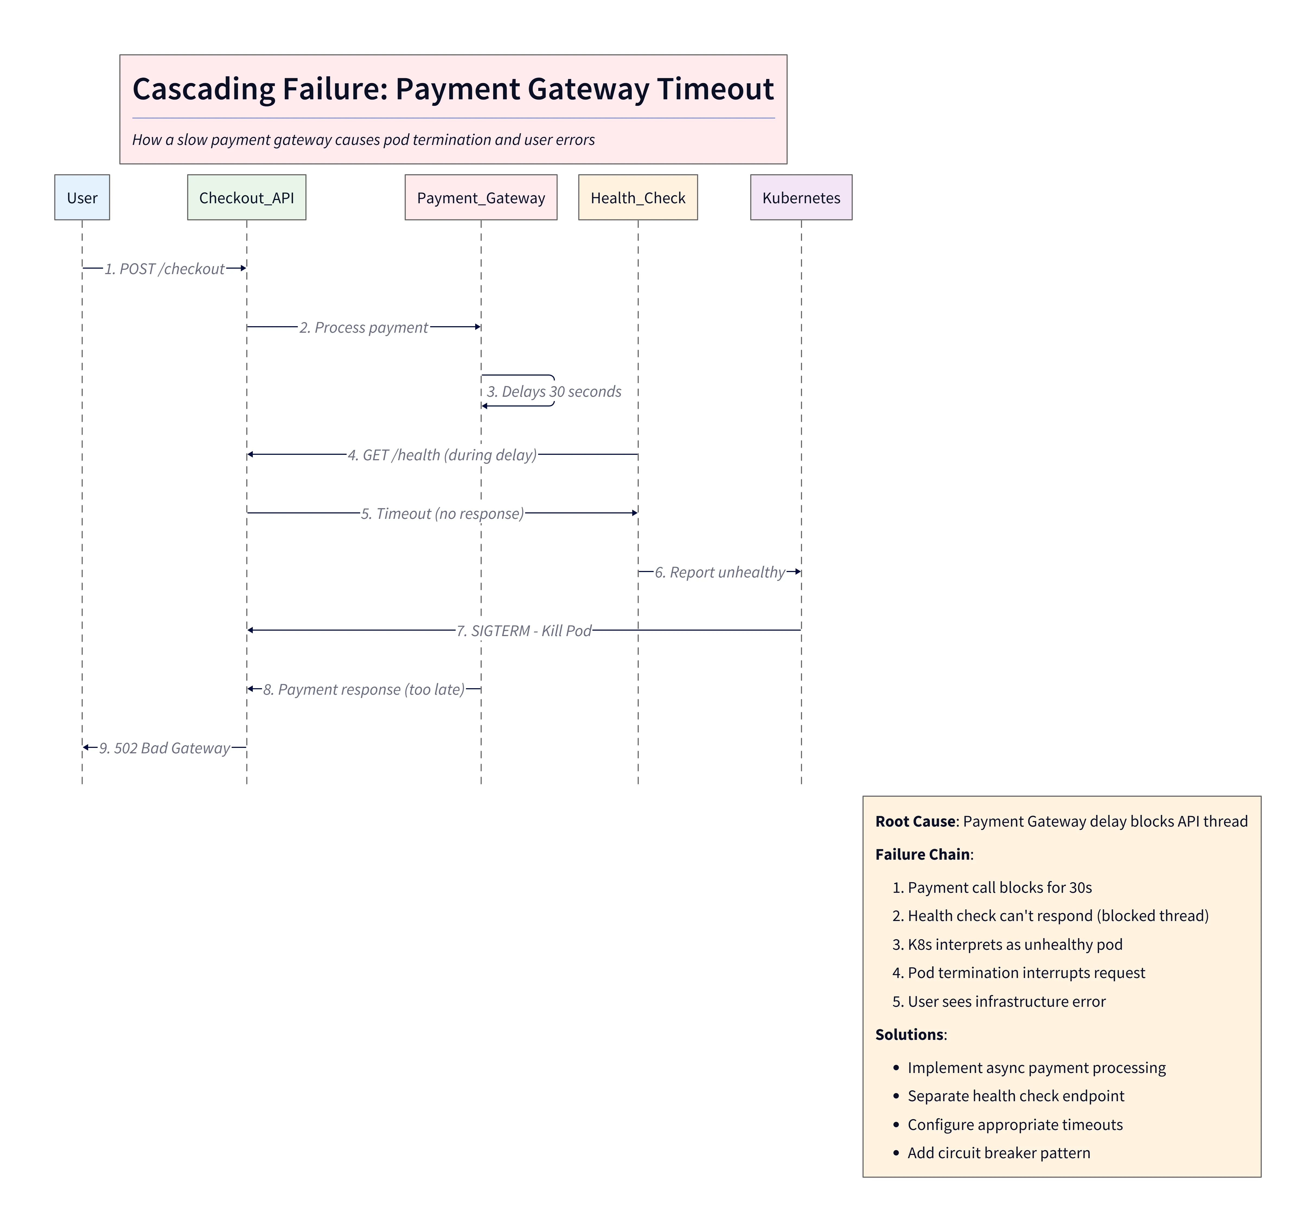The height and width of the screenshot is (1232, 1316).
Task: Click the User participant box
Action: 82,197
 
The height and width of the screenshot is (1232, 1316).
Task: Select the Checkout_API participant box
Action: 246,197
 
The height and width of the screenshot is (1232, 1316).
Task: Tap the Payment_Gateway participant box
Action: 481,197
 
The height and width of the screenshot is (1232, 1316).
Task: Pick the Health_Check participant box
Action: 637,197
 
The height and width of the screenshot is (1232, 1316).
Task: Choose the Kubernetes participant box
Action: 801,197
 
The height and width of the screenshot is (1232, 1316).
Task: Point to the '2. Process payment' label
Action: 363,327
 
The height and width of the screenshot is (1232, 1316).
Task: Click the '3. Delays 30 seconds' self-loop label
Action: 554,392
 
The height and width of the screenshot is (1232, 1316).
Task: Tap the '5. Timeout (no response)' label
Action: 442,513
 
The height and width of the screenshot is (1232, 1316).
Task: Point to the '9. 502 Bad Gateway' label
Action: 164,748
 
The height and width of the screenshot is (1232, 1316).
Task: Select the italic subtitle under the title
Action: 363,140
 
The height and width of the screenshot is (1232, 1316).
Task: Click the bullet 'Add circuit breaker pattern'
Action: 998,1152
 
